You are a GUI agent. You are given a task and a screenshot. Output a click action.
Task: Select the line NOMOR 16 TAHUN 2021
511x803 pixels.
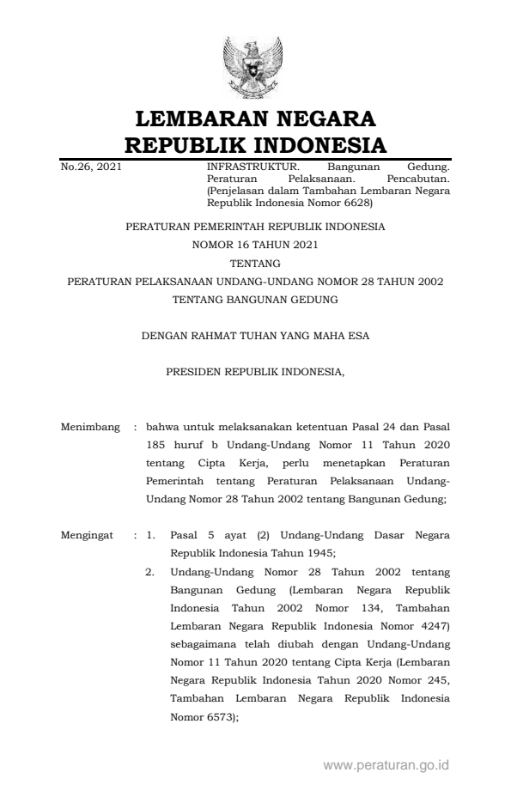click(255, 246)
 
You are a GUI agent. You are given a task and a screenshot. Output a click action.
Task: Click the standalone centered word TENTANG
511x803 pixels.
click(255, 264)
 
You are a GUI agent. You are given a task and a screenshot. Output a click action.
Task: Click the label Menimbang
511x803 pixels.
click(90, 426)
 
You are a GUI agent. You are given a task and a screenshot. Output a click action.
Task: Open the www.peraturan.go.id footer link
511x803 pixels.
click(386, 764)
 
